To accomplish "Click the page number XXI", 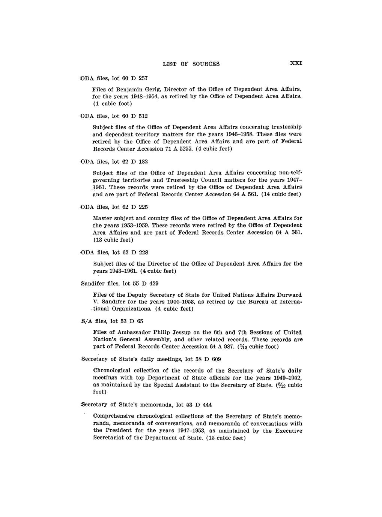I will click(296, 64).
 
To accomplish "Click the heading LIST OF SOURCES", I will click(191, 64).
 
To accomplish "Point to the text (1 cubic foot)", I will click(112, 103).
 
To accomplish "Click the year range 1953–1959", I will click(135, 225).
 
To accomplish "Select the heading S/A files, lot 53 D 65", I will click(112, 321).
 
